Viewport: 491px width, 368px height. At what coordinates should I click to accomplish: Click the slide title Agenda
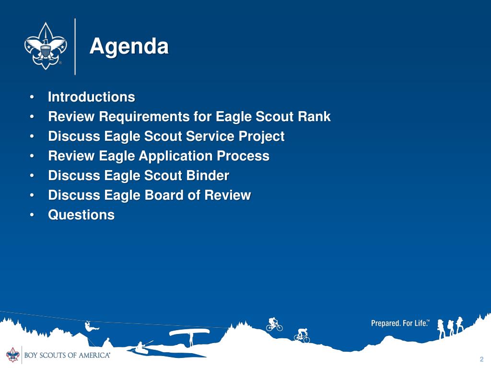pos(129,46)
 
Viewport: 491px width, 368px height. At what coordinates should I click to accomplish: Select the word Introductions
pos(92,97)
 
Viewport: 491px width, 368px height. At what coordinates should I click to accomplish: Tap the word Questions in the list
pos(82,215)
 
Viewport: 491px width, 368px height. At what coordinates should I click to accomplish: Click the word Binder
pos(208,175)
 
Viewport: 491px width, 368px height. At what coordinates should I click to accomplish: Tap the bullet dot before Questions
pos(32,215)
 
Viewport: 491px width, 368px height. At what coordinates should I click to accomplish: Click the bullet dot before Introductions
pos(32,97)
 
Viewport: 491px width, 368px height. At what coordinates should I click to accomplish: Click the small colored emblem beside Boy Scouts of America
pos(13,355)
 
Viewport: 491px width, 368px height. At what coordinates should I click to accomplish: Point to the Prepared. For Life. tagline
pos(400,323)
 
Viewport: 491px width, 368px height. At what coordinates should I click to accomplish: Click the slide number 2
pos(481,359)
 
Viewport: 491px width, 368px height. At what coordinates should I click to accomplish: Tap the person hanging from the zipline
pos(91,326)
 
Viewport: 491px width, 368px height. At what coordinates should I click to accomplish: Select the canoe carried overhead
pos(189,332)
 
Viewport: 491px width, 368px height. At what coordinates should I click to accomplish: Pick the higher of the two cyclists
pos(274,324)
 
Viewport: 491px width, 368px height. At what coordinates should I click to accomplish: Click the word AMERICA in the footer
pos(94,355)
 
